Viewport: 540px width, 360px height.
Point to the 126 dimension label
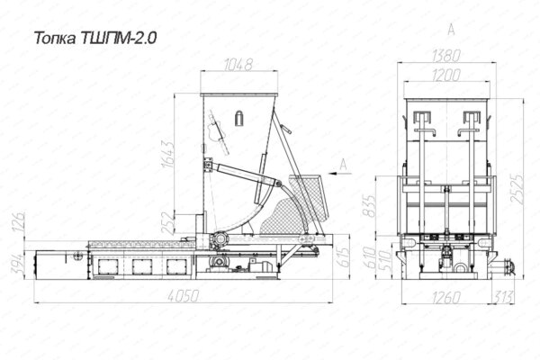[15, 222]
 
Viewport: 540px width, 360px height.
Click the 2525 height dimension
[515, 188]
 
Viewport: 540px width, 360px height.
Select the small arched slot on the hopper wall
[239, 118]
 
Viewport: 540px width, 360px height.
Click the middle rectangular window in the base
[141, 266]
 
